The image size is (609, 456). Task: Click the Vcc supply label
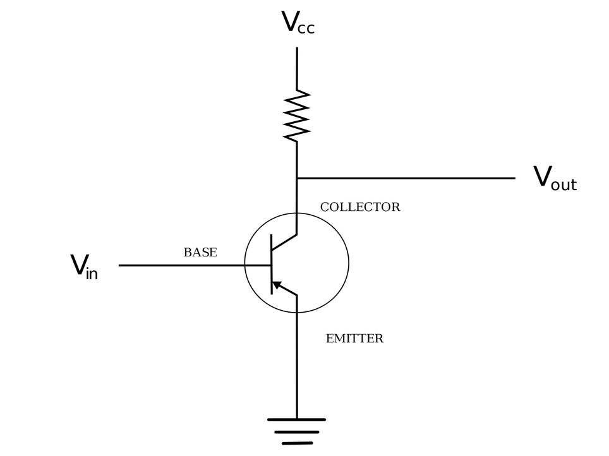point(297,23)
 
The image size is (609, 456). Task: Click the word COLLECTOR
point(360,207)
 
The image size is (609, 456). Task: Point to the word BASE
point(200,253)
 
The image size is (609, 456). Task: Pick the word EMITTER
point(354,339)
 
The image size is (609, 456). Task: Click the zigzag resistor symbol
point(297,114)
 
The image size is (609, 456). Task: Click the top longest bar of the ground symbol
point(297,419)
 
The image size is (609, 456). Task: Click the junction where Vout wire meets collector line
point(297,178)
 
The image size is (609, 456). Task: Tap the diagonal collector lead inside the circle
point(284,243)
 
